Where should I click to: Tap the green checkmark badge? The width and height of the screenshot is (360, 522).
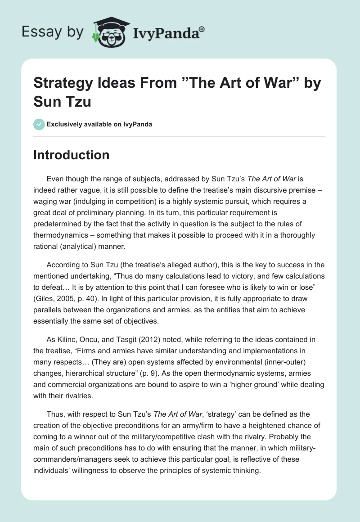(39, 124)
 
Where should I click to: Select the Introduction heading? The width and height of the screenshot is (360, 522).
(72, 155)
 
